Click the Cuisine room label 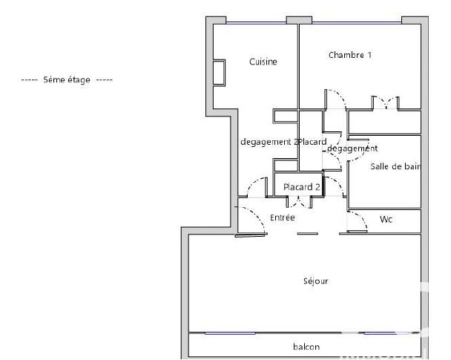263,62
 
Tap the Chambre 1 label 350,55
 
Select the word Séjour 315,281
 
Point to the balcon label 305,347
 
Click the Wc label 386,220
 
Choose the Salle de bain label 395,167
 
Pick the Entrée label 283,218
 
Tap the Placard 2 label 302,187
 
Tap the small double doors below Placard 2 300,202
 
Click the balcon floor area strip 245,346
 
